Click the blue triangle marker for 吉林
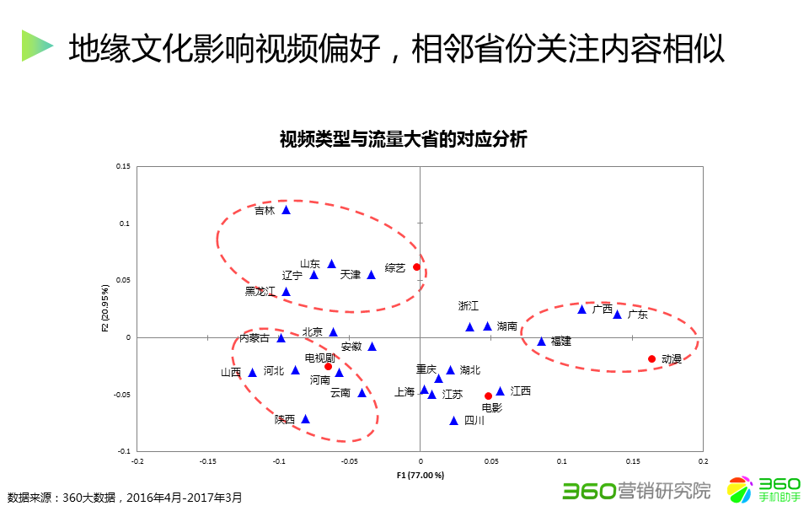tap(286, 210)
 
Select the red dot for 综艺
tap(416, 267)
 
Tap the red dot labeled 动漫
tap(651, 359)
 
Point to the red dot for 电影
tap(488, 396)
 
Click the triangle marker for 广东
tap(617, 315)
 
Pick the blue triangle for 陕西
tap(306, 419)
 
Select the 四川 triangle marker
tap(453, 421)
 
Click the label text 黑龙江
tap(260, 292)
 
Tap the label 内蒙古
tap(254, 338)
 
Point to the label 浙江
tap(469, 305)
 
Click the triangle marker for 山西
tap(252, 373)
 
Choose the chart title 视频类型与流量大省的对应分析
tap(403, 140)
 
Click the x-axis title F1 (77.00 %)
tap(420, 476)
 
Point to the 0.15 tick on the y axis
tap(123, 167)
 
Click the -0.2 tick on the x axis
tap(137, 461)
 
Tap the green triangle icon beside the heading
tap(37, 46)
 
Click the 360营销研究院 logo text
tap(636, 490)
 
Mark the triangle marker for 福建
tap(542, 342)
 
